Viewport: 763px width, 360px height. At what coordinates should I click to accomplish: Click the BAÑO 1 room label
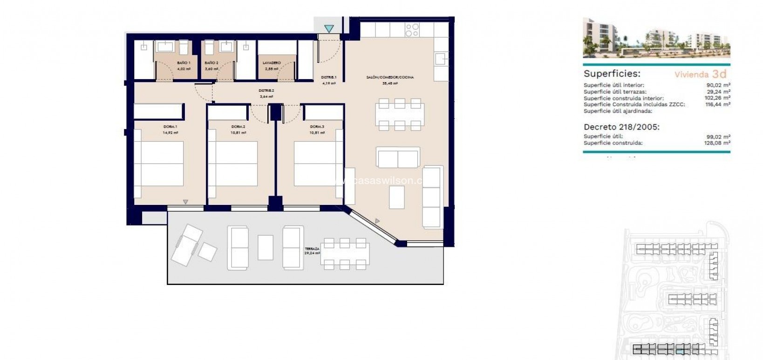(184, 62)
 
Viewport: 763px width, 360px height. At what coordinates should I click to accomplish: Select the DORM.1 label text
(170, 127)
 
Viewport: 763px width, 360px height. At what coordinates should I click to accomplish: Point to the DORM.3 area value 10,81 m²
(318, 133)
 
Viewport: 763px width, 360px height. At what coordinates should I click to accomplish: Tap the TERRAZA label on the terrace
(312, 249)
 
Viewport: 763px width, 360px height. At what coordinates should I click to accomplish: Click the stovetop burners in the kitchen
(412, 30)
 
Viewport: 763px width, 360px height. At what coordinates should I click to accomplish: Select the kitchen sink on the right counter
(441, 59)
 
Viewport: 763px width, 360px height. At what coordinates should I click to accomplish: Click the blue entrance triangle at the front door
(329, 29)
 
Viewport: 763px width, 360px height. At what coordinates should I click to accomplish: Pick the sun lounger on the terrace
(187, 244)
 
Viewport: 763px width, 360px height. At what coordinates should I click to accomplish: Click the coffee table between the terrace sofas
(266, 247)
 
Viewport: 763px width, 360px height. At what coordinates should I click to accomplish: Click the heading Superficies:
(612, 74)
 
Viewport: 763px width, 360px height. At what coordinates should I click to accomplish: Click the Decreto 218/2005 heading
(621, 127)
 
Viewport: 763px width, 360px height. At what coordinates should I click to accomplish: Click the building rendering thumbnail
(656, 38)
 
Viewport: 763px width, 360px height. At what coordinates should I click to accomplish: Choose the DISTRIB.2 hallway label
(266, 91)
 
